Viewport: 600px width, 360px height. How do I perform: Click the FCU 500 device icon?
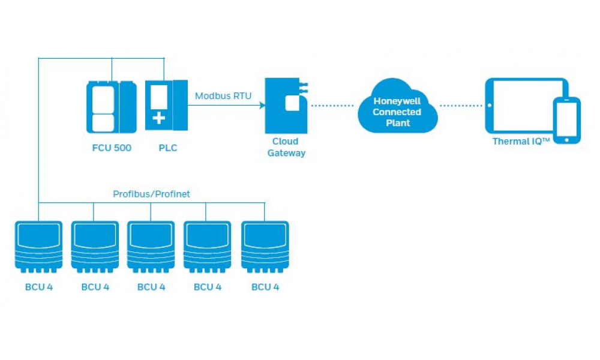111,107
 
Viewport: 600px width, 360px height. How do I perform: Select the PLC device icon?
166,106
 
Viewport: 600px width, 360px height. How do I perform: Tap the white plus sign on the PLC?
158,118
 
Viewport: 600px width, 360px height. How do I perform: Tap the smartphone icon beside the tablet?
566,120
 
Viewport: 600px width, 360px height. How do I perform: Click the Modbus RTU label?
223,95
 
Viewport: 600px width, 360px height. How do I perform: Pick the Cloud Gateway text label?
285,148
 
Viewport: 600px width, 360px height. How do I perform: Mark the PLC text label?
168,148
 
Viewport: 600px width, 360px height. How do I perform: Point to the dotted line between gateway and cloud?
332,106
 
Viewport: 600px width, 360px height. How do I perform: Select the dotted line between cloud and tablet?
461,106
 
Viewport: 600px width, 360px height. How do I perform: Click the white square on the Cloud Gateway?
292,103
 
